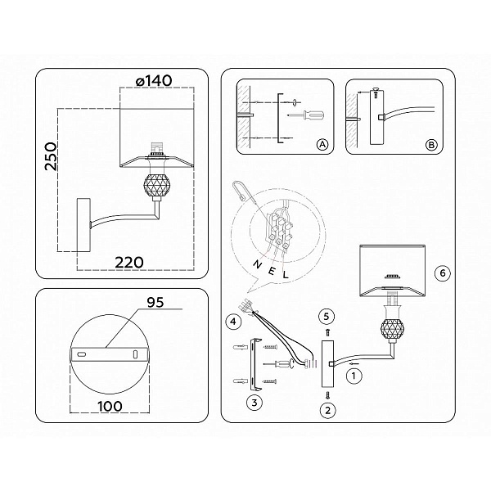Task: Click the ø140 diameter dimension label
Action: (x=154, y=81)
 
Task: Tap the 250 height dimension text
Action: (x=51, y=156)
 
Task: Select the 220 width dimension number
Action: (x=129, y=263)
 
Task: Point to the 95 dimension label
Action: (x=155, y=302)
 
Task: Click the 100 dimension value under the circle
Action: (x=110, y=407)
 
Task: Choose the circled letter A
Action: (x=322, y=145)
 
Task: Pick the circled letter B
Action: (x=431, y=145)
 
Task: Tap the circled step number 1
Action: (x=354, y=375)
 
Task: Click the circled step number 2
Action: (x=328, y=410)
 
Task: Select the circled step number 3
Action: (x=255, y=403)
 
